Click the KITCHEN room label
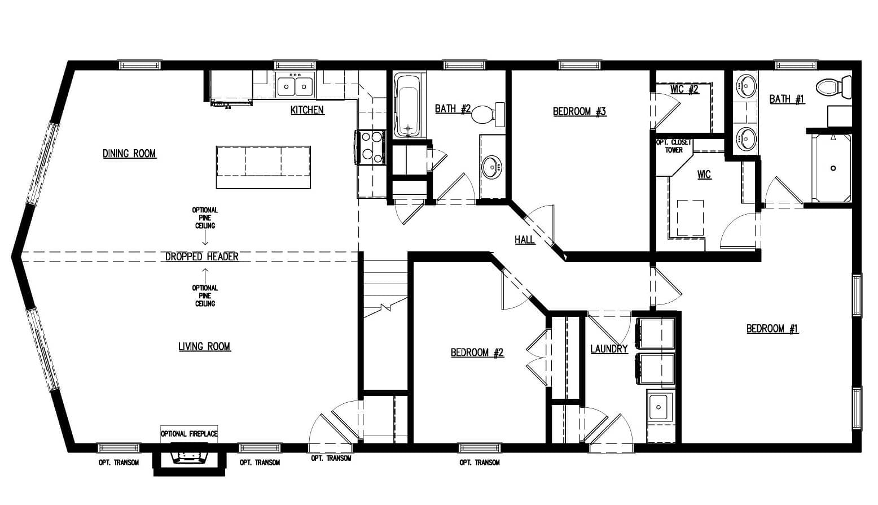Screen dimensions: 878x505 [308, 110]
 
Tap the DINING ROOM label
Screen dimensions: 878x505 [129, 154]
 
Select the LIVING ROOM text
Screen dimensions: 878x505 [204, 346]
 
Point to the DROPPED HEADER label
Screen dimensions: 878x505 [202, 256]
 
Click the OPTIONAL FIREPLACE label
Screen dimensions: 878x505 [189, 434]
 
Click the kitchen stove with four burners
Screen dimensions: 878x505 [370, 147]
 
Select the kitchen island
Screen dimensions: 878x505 [264, 167]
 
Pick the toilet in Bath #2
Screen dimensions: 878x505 [488, 114]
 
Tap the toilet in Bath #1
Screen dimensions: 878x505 [834, 86]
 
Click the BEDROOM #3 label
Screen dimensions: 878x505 [580, 111]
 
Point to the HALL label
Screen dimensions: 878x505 [524, 240]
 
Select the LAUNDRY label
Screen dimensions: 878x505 [609, 349]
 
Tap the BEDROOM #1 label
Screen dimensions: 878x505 [772, 328]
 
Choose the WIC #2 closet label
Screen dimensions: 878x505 [684, 89]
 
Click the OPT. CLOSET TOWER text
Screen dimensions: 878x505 [674, 146]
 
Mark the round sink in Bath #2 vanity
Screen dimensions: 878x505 [491, 168]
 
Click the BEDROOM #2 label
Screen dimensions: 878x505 [477, 352]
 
